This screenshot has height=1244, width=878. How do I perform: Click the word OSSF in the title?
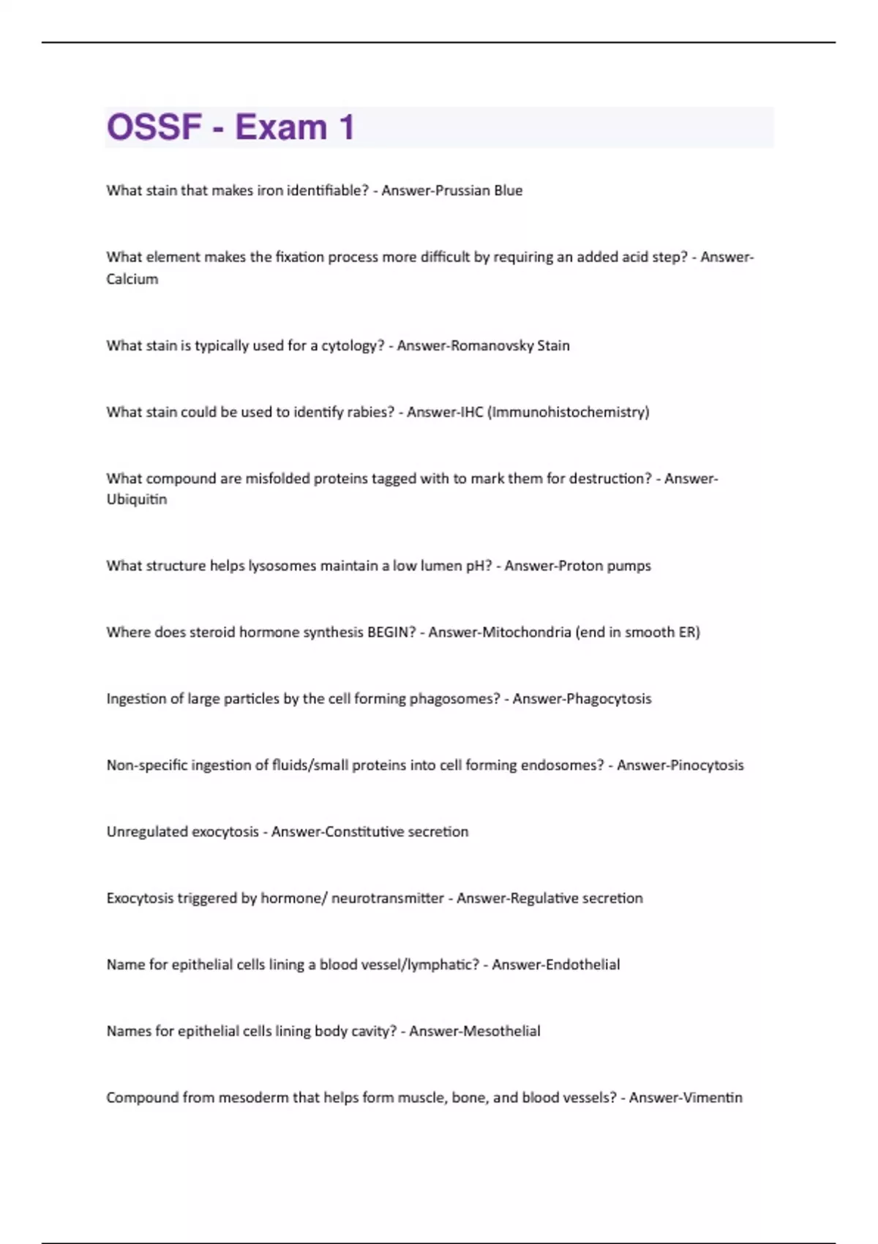pyautogui.click(x=154, y=127)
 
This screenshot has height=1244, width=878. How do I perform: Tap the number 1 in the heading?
pyautogui.click(x=346, y=127)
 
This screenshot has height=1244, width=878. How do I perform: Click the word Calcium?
pyautogui.click(x=132, y=279)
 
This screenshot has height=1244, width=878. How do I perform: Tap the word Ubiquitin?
pyautogui.click(x=137, y=499)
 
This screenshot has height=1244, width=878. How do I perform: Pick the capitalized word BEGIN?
pyautogui.click(x=391, y=632)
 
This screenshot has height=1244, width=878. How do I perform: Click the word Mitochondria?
pyautogui.click(x=526, y=632)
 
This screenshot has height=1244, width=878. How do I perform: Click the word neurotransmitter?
pyautogui.click(x=388, y=899)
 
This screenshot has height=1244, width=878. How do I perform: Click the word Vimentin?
pyautogui.click(x=707, y=1098)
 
